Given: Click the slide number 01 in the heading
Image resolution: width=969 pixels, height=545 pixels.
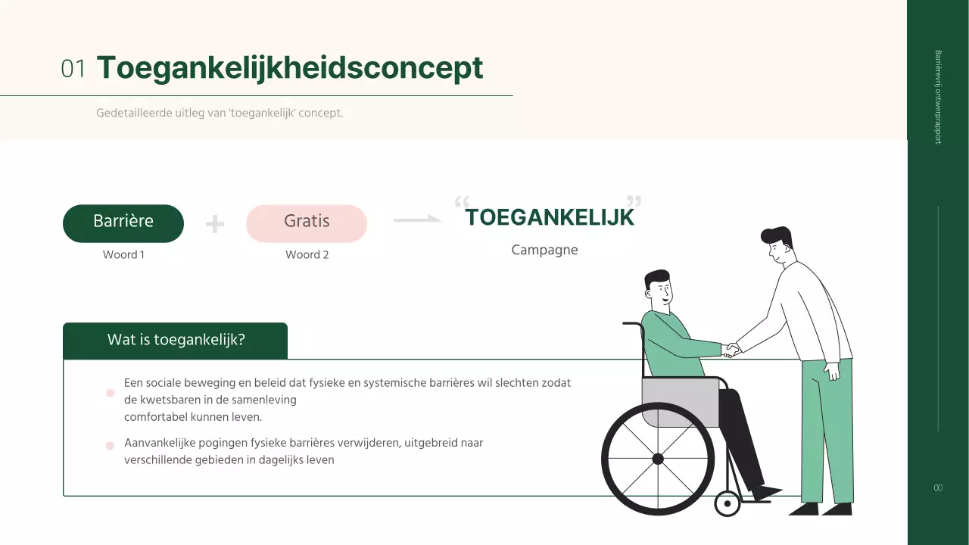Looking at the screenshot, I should pos(73,69).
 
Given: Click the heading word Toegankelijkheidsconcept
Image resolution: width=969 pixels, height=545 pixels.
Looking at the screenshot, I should pos(289,67).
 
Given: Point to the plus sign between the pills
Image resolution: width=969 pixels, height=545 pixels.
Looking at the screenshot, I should pos(215,224).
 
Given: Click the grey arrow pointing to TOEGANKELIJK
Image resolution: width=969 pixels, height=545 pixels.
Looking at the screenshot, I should pos(417,220).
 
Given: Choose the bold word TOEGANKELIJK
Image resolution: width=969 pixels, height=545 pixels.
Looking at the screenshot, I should pos(549,218).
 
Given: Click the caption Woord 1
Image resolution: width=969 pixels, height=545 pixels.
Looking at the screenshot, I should pos(123,255).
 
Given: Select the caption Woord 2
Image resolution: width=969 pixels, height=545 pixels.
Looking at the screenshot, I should pos(307,255).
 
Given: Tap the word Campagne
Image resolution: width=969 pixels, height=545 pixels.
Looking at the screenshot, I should pos(544,250).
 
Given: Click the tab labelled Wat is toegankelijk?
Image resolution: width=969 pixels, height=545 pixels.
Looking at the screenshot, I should pos(176,340).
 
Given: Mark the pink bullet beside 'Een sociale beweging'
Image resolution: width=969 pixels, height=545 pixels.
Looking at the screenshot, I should pos(110,393).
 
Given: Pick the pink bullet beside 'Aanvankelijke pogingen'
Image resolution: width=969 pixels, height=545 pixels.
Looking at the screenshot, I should pos(110,446).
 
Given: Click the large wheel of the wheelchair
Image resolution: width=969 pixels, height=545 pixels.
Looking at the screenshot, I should pos(657,459).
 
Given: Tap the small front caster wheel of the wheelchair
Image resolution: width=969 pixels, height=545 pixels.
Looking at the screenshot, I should pos(728,503).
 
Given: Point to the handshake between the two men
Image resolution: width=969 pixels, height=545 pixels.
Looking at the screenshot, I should pos(731,350).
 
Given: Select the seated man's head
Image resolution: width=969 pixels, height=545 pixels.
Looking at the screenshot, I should pos(658,288).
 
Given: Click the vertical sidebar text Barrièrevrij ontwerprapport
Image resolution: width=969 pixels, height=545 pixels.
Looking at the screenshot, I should pos(938,97).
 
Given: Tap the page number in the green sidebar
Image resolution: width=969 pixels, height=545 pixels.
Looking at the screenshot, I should pos(938,488).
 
